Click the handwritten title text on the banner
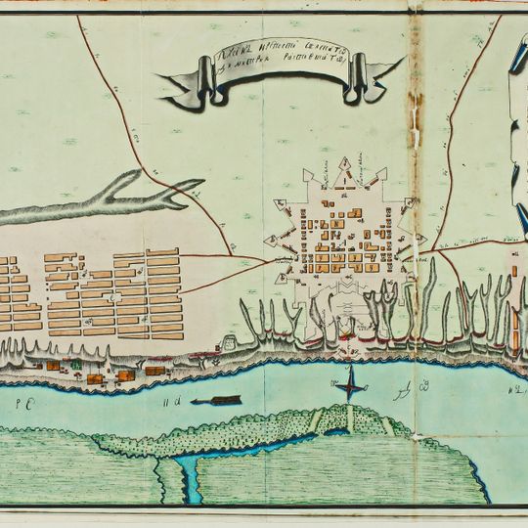tap(278, 66)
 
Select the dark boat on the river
tap(216, 400)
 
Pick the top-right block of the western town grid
tap(162, 254)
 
